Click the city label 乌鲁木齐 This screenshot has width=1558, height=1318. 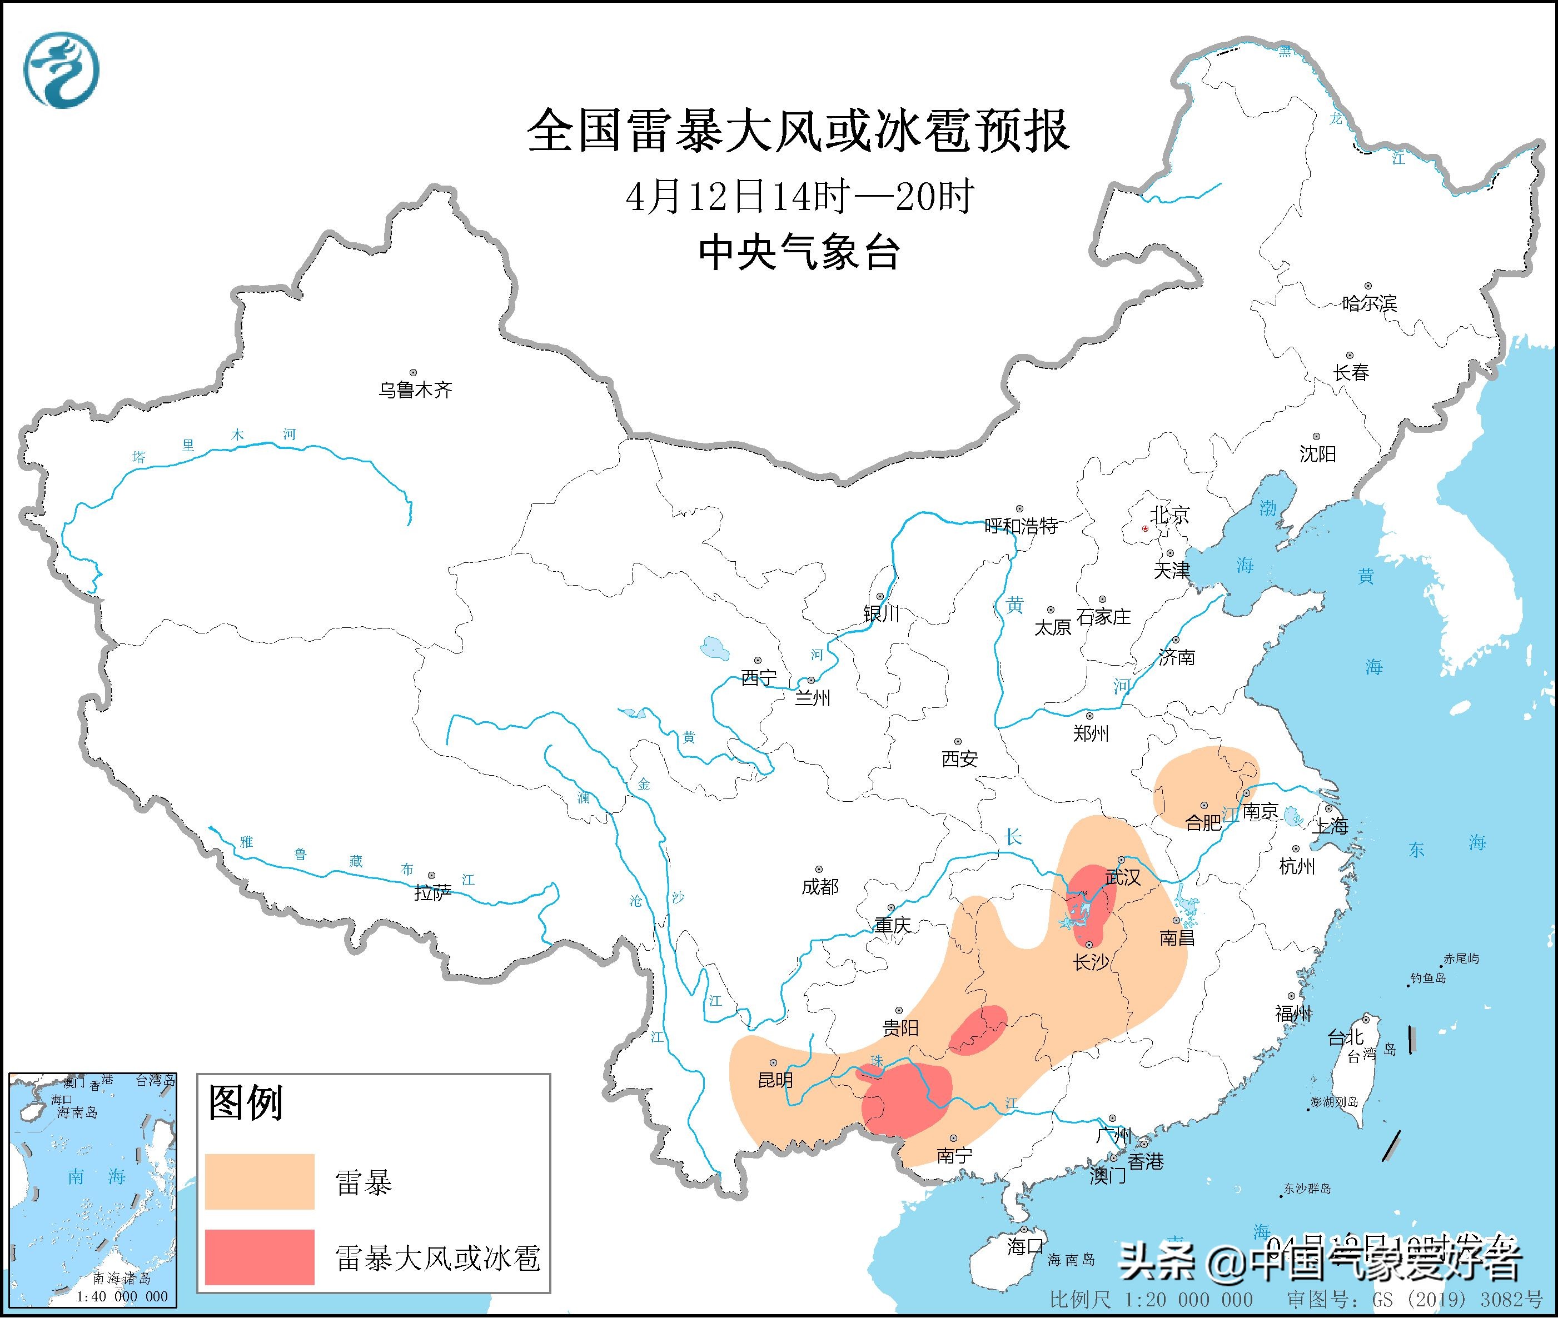[415, 390]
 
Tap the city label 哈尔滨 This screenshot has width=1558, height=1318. [1369, 303]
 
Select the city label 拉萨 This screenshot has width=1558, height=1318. [432, 892]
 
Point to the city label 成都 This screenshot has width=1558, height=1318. [820, 887]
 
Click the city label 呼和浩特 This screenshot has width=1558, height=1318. [1021, 526]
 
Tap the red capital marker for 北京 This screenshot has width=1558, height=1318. [1145, 528]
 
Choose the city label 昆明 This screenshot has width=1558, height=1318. [775, 1080]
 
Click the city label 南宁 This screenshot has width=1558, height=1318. [954, 1155]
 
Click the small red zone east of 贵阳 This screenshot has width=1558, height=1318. [979, 1030]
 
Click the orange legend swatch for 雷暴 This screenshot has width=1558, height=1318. [259, 1181]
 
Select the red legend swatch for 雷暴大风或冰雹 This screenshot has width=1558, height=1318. [259, 1257]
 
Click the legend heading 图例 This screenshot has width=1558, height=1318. [245, 1103]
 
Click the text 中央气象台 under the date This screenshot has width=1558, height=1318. [798, 252]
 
